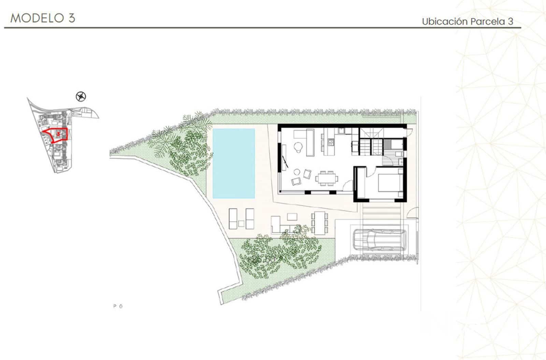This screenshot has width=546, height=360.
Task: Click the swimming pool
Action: tap(234, 163)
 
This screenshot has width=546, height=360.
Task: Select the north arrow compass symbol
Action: tap(81, 97)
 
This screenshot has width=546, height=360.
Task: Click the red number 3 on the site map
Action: tap(59, 134)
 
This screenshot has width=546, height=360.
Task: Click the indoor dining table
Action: tap(327, 178)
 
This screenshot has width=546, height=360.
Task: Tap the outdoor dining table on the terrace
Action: tap(320, 223)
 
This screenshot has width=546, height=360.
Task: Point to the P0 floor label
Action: tap(118, 306)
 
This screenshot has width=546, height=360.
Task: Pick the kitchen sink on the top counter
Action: tap(342, 131)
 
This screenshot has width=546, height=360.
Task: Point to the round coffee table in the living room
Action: tap(297, 172)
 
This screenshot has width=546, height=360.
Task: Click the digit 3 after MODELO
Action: tap(71, 18)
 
